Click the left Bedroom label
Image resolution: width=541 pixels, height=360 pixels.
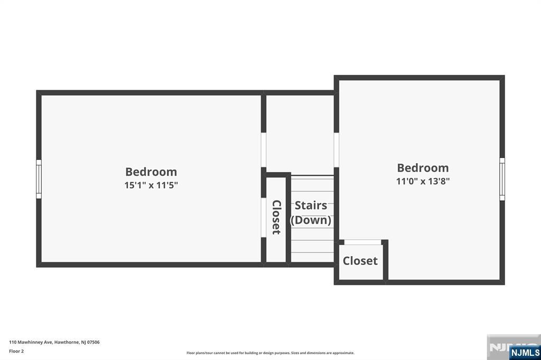[x=151, y=172]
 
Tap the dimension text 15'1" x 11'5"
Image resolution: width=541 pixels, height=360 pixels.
[x=151, y=185]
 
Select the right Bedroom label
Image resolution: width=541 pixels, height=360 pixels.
[x=423, y=167]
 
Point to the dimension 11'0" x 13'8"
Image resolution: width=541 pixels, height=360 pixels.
[x=423, y=181]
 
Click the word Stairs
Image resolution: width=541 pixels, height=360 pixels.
[x=311, y=205]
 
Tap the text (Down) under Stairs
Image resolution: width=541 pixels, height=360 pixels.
[x=311, y=220]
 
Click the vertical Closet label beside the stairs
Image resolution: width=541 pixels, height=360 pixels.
[x=276, y=217]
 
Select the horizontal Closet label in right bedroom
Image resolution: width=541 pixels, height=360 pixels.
[x=360, y=261]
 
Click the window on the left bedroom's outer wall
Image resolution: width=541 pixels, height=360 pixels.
[x=39, y=179]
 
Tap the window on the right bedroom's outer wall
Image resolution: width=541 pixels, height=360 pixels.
[x=502, y=179]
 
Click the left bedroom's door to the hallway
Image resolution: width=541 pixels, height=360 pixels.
[x=264, y=150]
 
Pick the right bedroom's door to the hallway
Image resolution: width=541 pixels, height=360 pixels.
[x=337, y=150]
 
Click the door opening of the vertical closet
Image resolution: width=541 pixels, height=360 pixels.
[x=264, y=217]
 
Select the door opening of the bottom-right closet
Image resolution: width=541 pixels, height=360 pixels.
[x=362, y=242]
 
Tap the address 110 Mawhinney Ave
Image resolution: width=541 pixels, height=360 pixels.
[x=31, y=342]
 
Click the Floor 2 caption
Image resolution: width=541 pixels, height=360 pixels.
[x=16, y=351]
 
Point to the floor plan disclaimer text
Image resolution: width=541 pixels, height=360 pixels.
[x=270, y=353]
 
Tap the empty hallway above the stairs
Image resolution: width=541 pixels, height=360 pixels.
[x=300, y=134]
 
